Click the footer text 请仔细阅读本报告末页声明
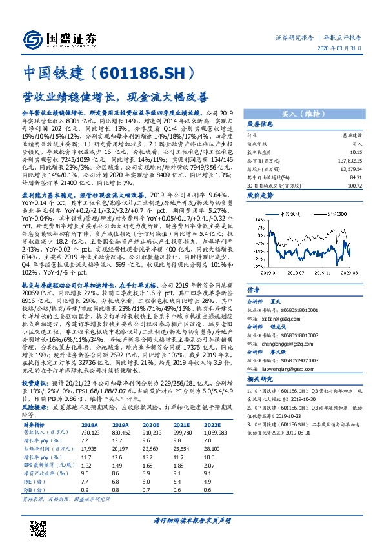point(191,519)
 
